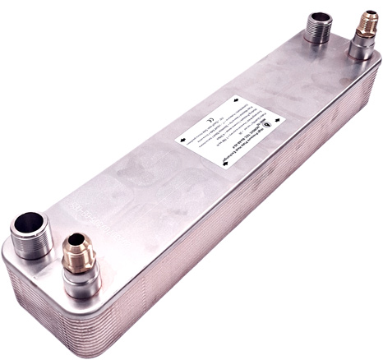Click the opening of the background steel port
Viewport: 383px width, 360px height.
[317, 18]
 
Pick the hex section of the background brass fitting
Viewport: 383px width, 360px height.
[362, 31]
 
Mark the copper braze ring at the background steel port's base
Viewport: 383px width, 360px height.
[317, 45]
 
